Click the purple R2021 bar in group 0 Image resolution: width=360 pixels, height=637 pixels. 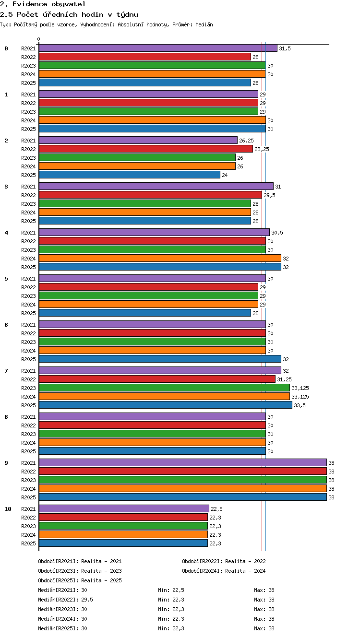coord(158,48)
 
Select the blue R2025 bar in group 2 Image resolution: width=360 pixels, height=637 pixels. coord(130,175)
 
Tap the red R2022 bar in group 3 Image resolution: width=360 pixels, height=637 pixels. coord(150,195)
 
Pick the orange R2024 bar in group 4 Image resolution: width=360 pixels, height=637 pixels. coord(160,258)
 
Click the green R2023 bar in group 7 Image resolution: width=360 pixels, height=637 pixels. coord(164,388)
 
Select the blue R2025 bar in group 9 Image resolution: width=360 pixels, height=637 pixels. coord(183,497)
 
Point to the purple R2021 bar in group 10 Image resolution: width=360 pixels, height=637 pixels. coord(124,508)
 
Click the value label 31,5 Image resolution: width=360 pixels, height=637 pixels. coord(285,48)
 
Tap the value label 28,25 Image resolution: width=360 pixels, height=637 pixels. coord(262,149)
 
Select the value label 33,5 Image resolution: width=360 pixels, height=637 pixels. coord(300,405)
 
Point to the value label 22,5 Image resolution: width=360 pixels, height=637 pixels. coord(216,509)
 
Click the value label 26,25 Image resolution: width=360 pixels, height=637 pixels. coord(246,141)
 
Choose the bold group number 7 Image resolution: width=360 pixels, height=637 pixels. coord(6,371)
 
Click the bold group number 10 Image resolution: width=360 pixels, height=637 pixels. coord(8,509)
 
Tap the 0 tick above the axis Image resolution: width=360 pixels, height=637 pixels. coord(39,39)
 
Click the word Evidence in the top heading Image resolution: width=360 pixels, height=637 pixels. coord(30,4)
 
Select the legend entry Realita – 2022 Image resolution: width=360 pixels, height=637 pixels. coord(245,561)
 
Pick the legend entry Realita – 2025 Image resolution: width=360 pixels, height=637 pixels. coord(101,580)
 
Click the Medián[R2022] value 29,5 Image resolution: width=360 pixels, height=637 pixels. coord(87,600)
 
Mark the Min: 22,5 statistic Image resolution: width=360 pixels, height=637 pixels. coord(171,590)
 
